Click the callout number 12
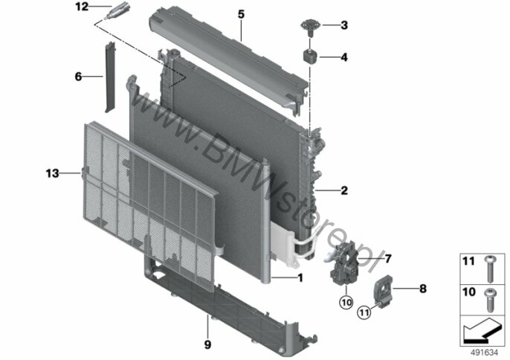click(82, 6)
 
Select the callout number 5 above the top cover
click(241, 14)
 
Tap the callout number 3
click(344, 25)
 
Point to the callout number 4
click(344, 57)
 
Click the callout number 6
click(78, 77)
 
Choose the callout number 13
click(52, 173)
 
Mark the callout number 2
click(344, 190)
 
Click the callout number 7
click(388, 259)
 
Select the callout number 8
click(423, 289)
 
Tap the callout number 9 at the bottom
click(207, 344)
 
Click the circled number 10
click(346, 303)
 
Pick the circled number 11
click(364, 312)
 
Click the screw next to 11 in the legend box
click(489, 269)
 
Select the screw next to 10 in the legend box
click(489, 300)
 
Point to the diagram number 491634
click(485, 352)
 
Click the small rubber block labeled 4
click(311, 56)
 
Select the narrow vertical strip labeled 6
click(109, 77)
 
